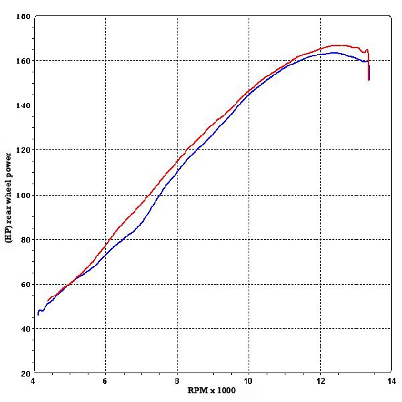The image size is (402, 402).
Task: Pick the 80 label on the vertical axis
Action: (25, 239)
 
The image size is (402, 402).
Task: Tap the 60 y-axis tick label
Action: (25, 284)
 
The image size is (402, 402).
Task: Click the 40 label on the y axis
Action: (25, 328)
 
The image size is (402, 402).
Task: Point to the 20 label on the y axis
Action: (25, 373)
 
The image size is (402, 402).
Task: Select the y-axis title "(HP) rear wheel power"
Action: (8, 198)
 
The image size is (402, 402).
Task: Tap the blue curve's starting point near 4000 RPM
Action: (38, 314)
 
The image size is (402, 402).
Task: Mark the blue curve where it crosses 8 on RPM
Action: (177, 173)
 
